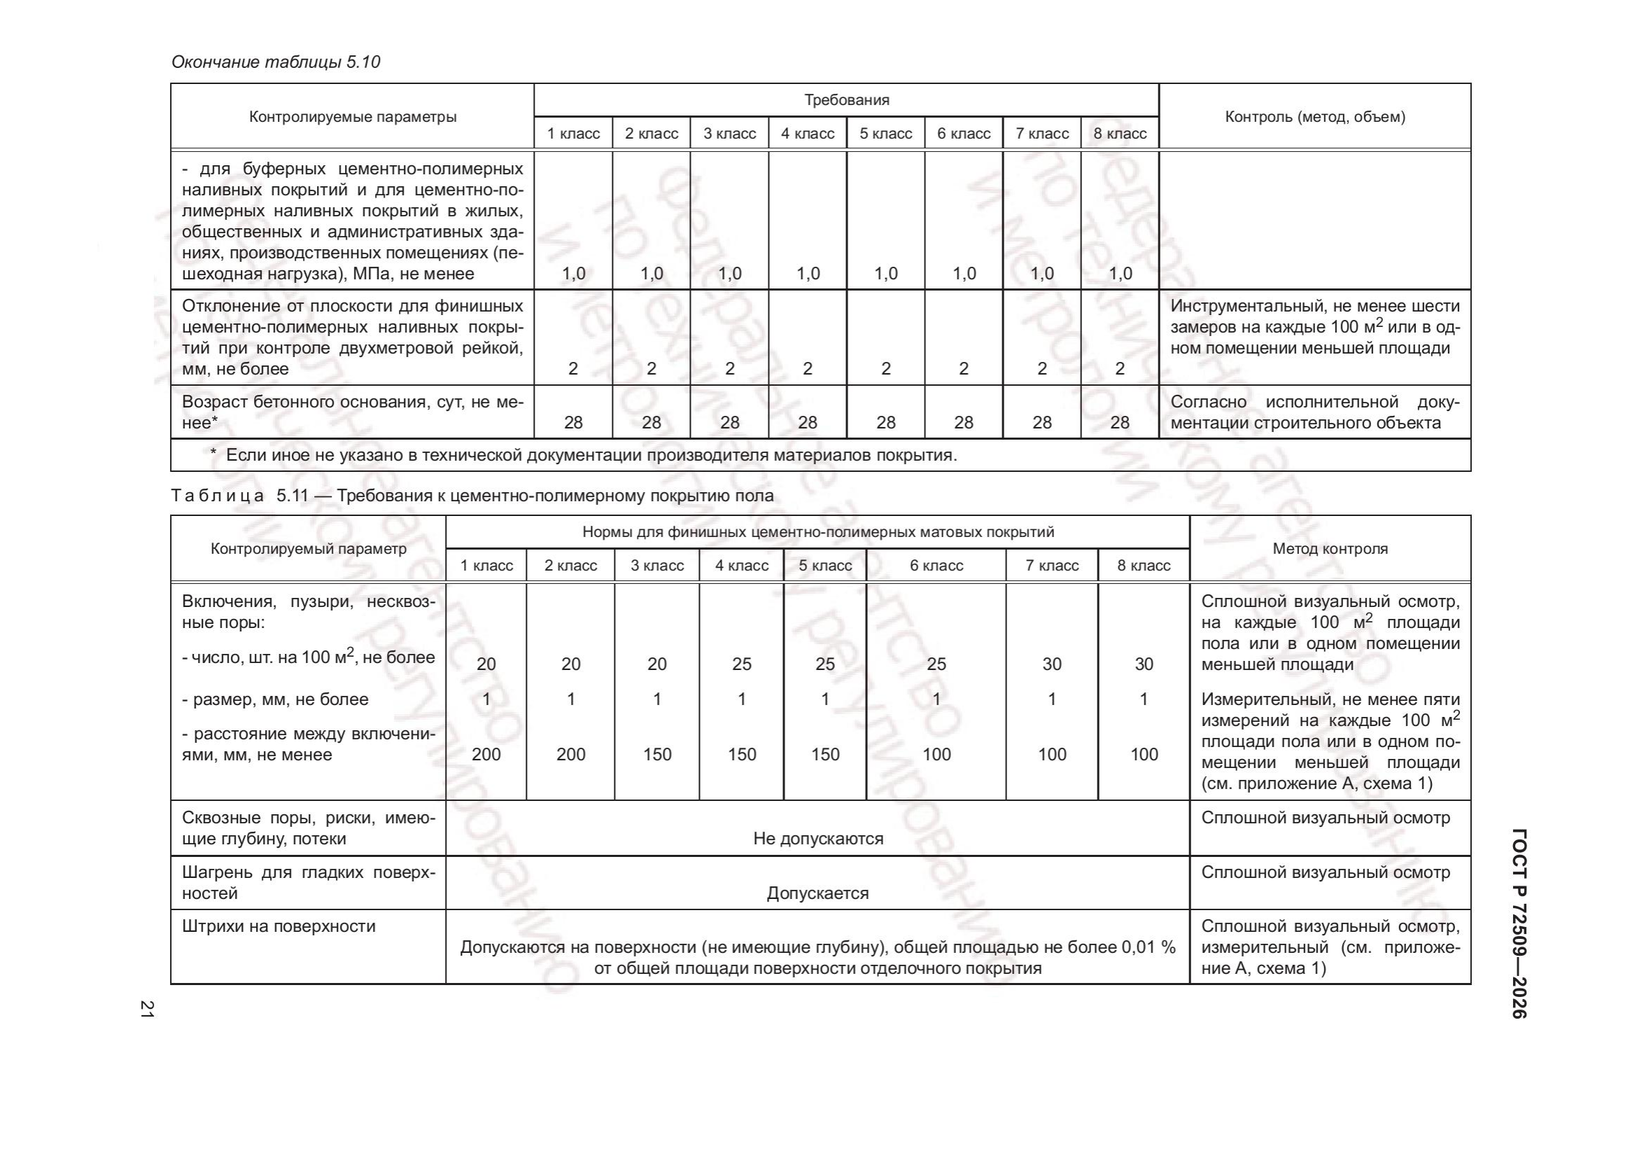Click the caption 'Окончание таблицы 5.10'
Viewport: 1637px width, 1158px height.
coord(276,62)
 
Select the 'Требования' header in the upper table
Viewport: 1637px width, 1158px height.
coord(846,100)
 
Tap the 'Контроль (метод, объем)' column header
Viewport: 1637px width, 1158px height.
coord(1315,117)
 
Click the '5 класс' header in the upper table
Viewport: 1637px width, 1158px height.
coord(885,133)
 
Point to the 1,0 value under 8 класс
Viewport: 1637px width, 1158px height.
coord(1120,273)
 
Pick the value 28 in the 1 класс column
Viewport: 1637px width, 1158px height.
coord(573,422)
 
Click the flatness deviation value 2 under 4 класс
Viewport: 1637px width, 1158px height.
coord(807,369)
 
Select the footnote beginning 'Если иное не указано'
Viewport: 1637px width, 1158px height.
coord(591,455)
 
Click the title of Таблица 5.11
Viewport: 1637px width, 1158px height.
coord(472,496)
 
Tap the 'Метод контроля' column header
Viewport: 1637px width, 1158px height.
coord(1330,548)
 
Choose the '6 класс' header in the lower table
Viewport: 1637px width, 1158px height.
coord(936,566)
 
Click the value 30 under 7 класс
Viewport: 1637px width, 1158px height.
coord(1052,664)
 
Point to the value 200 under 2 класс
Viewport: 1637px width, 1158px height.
coord(570,755)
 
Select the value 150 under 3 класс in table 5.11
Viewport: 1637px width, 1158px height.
coord(656,755)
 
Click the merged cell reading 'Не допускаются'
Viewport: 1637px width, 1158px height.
coord(817,839)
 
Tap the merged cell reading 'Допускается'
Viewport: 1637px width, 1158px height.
coord(817,893)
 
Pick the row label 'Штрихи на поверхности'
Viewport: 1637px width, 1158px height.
coord(279,926)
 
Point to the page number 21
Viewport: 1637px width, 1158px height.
coord(147,1008)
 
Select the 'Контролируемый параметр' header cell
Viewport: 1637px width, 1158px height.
coord(309,548)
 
